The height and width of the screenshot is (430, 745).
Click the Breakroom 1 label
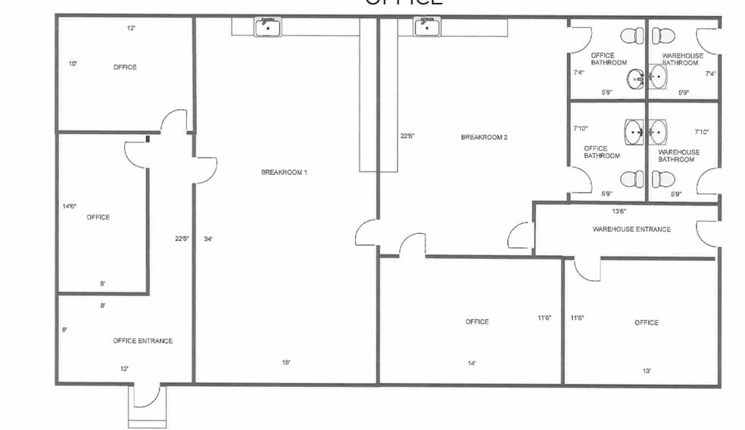click(284, 173)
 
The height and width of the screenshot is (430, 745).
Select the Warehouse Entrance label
click(631, 229)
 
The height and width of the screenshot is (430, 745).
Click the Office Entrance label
click(143, 341)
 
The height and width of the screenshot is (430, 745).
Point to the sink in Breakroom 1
click(266, 26)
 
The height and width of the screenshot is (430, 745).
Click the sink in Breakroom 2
click(427, 26)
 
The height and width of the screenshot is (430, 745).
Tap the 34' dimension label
click(208, 239)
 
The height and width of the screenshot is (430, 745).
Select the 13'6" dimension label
click(619, 211)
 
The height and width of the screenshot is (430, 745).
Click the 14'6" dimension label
click(70, 206)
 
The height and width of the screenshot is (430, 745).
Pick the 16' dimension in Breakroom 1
click(286, 363)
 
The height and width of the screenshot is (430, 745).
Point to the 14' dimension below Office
click(472, 363)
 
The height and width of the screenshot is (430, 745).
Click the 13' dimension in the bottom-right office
click(647, 371)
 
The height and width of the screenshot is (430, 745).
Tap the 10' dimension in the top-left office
click(73, 64)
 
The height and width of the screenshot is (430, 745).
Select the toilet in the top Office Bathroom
click(631, 35)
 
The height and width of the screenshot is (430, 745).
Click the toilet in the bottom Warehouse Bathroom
click(663, 179)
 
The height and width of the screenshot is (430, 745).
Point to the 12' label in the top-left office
click(131, 28)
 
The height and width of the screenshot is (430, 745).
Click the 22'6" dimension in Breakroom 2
click(407, 136)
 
